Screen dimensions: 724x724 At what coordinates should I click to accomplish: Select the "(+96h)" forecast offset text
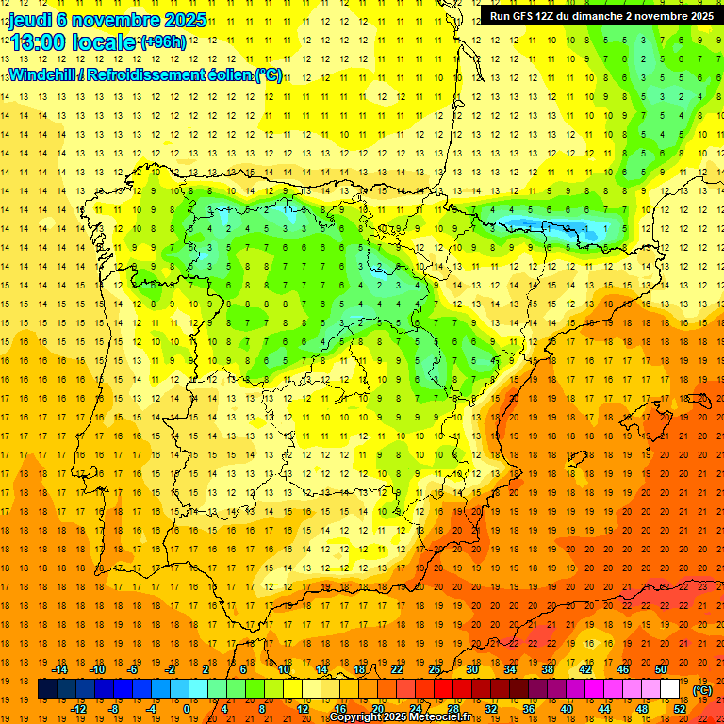163,42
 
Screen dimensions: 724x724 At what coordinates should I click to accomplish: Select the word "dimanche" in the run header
610,15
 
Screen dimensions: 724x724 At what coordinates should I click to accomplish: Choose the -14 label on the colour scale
61,669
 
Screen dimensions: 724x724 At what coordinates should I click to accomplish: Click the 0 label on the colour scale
187,709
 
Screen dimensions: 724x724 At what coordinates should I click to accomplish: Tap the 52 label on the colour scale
680,709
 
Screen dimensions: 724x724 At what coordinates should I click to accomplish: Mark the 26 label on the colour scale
435,669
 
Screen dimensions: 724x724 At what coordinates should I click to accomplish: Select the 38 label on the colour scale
548,669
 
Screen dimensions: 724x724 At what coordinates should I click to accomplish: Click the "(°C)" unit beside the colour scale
702,691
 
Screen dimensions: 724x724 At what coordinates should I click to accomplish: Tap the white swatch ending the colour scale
670,689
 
